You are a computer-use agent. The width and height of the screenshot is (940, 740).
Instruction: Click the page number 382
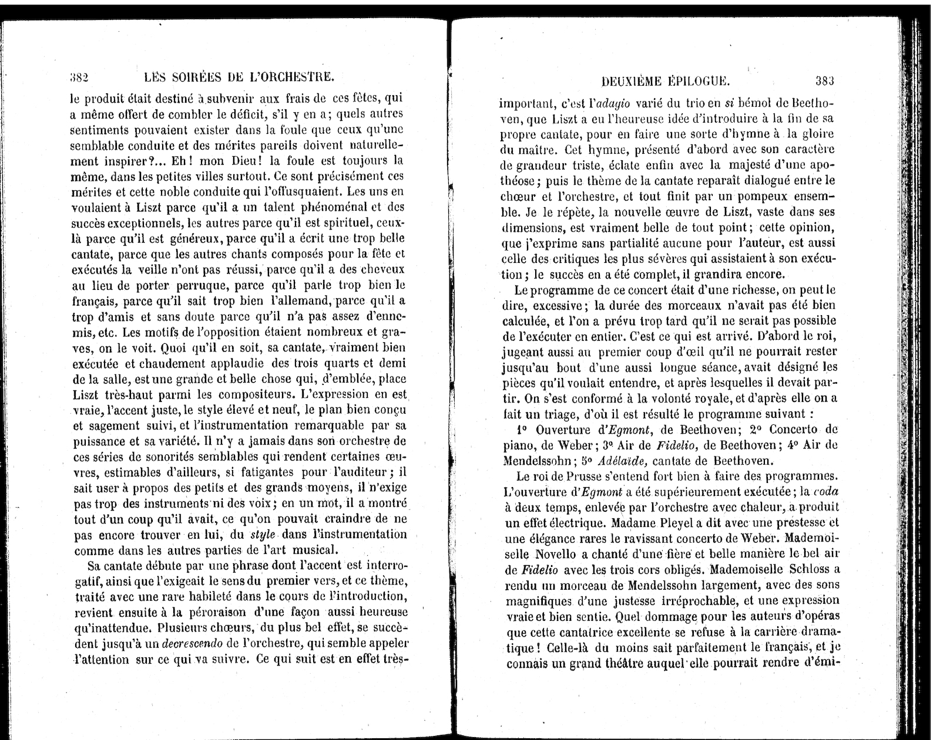[x=79, y=77]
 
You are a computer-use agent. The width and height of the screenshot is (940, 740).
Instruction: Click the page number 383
[x=824, y=81]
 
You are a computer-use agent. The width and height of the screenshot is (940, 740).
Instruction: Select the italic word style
[x=263, y=535]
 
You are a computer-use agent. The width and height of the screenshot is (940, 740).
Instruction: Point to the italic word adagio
[x=609, y=104]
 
